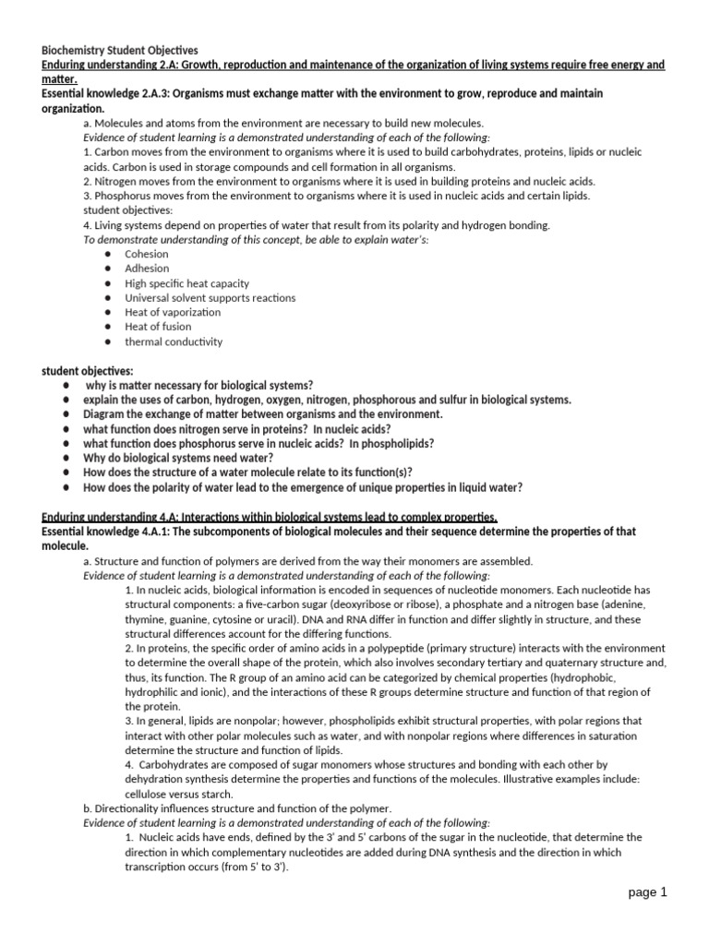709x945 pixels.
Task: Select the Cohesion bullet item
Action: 147,254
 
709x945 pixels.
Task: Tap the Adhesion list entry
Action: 147,269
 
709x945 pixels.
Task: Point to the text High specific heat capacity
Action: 186,283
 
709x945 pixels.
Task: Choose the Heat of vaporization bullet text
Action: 173,312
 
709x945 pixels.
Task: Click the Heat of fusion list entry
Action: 158,327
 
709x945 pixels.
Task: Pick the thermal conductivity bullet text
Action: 174,341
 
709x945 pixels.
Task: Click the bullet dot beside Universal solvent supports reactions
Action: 108,298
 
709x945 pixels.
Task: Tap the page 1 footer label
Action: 645,892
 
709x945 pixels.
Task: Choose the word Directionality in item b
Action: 129,808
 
